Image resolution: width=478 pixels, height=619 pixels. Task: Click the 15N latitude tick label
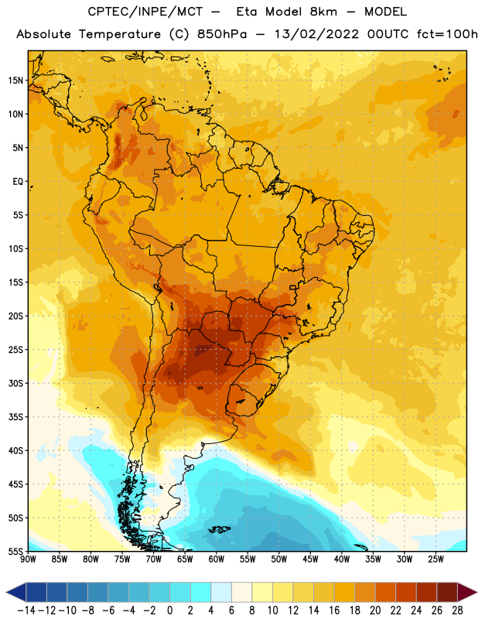(x=15, y=80)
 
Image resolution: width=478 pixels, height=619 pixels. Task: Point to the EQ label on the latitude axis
(x=18, y=182)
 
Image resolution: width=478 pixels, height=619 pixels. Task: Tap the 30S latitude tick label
(x=15, y=383)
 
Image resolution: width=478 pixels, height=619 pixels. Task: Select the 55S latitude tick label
(x=15, y=552)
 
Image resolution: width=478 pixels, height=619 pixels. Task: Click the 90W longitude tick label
(x=29, y=559)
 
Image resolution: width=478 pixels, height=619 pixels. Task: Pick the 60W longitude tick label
(x=217, y=559)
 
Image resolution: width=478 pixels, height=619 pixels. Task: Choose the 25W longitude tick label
(x=435, y=559)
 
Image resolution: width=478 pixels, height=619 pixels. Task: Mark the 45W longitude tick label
(x=310, y=559)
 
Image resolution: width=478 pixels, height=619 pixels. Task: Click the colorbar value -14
(x=26, y=610)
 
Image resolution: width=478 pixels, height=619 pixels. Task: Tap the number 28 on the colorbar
(x=457, y=610)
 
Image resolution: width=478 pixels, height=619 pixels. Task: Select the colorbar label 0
(x=169, y=610)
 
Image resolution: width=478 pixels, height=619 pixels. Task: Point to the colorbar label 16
(x=334, y=610)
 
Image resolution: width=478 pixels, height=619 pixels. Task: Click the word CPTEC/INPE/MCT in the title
(x=145, y=12)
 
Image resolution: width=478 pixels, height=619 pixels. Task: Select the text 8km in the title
(x=323, y=12)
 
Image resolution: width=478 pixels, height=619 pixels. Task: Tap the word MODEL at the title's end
(x=385, y=12)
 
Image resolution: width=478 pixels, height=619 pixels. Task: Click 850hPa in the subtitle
(x=222, y=34)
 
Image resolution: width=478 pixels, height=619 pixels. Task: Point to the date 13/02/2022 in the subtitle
(x=316, y=34)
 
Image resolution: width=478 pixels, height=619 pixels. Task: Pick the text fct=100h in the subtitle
(x=447, y=34)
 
